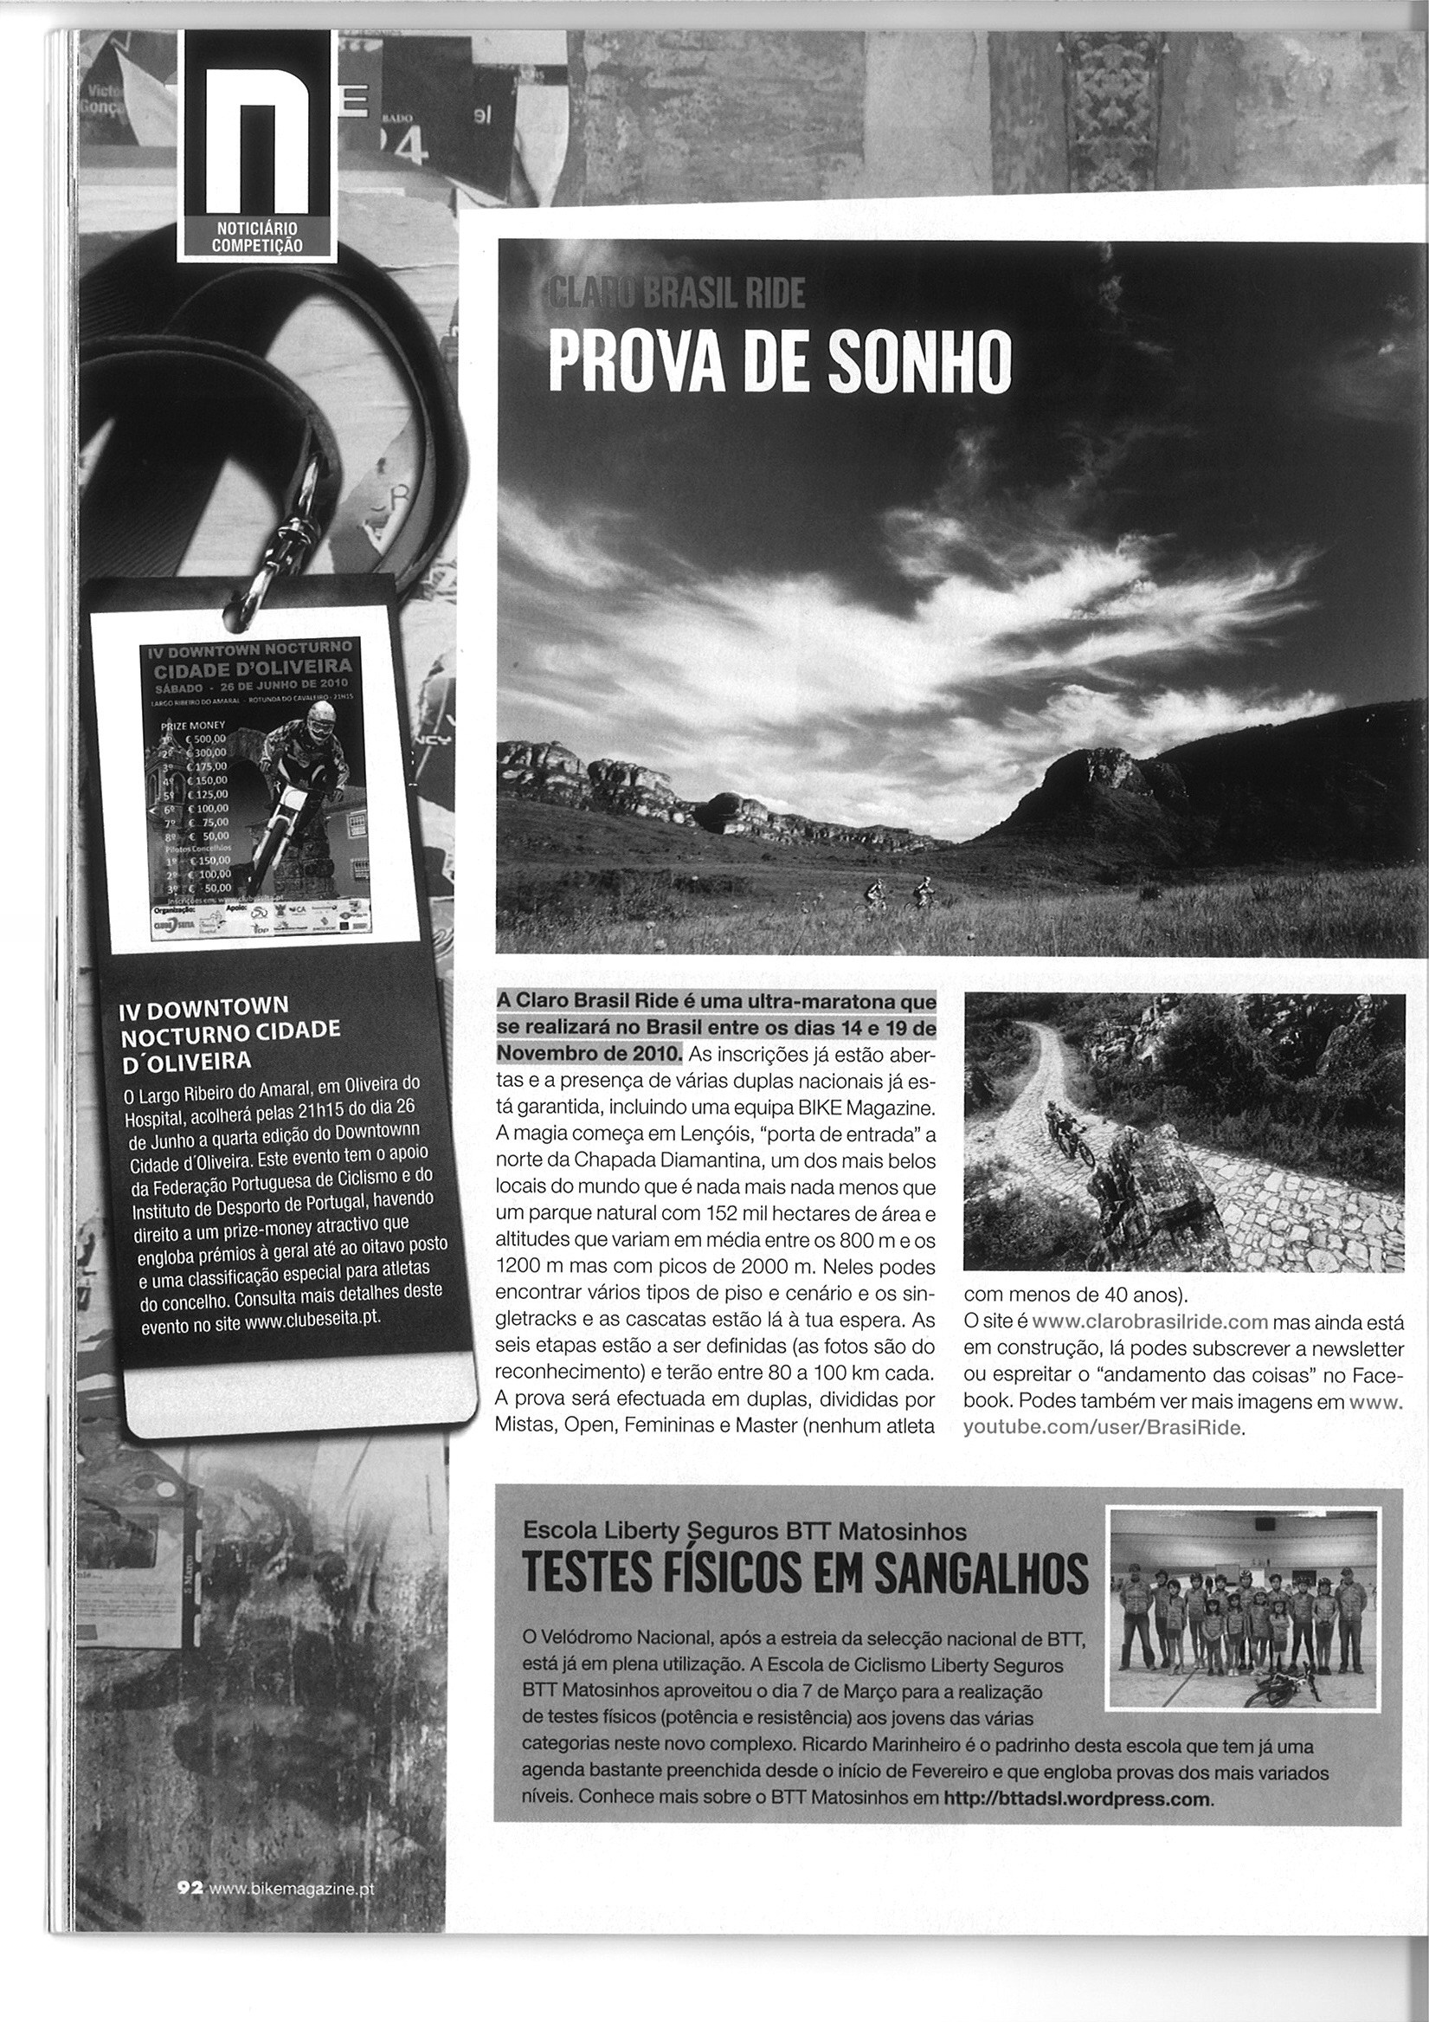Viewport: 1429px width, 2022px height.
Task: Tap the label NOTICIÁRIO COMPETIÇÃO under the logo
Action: pos(258,238)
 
